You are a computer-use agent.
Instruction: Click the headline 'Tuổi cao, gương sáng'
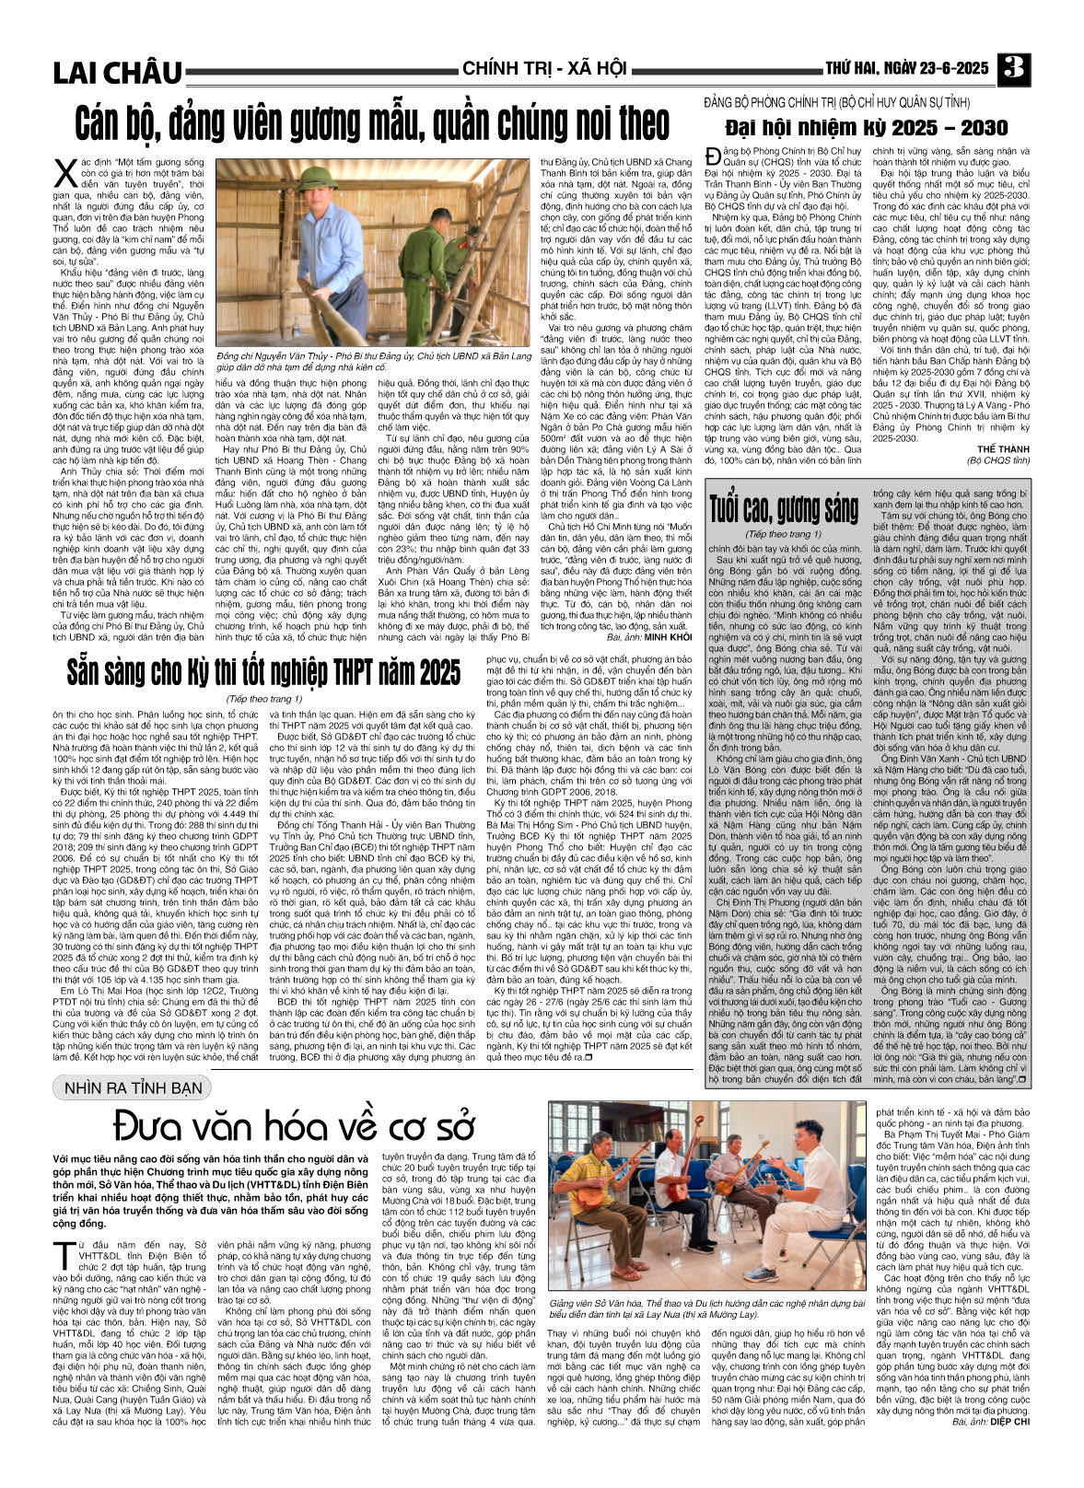point(783,507)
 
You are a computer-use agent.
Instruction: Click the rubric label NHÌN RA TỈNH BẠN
point(133,1087)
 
